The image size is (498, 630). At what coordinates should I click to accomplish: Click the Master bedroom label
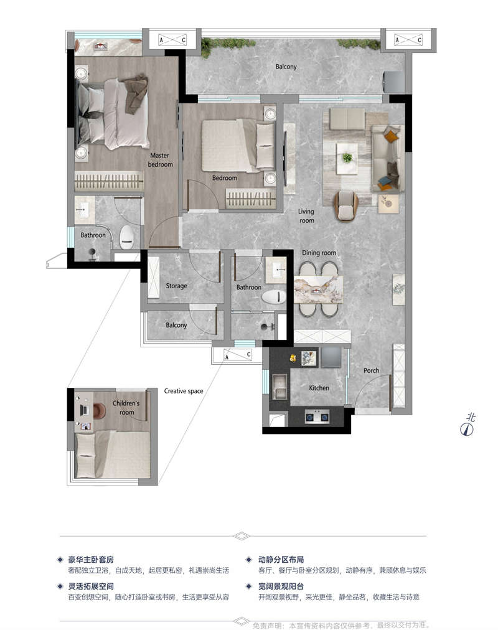coord(160,160)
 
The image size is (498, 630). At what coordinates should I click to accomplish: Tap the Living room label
coord(306,216)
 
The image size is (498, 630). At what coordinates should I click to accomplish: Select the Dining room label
coord(319,253)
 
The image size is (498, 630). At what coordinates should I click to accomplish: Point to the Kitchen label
coord(319,388)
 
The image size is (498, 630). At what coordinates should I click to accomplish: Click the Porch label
coord(371,370)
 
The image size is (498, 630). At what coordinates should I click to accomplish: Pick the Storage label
coord(176,286)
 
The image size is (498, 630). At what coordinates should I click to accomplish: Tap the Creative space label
coord(184,391)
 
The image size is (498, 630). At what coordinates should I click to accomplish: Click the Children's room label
coord(126,407)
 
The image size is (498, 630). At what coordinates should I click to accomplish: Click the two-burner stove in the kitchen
coord(317,417)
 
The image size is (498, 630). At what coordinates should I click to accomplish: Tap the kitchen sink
coord(280,387)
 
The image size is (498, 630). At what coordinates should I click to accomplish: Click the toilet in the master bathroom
coord(128,237)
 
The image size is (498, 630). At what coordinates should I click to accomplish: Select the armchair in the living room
coord(345,205)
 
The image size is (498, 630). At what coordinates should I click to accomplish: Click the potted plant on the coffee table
coord(347,157)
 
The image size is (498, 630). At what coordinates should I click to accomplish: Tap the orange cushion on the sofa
coord(391,136)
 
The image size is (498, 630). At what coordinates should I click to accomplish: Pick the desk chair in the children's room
coord(99,411)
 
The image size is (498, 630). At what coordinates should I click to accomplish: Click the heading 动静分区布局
coord(281,559)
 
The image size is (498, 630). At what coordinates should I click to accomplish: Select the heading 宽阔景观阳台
coord(281,586)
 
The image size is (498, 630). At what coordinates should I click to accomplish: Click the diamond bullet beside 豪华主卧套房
coord(60,559)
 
